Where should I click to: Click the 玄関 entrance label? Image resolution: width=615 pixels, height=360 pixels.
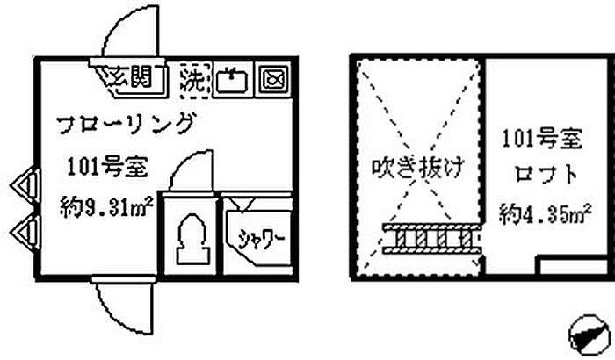tap(134, 78)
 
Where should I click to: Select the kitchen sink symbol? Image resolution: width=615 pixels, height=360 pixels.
tap(233, 80)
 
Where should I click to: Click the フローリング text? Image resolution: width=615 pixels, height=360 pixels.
tap(125, 124)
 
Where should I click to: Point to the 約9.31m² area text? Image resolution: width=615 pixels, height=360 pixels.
tap(107, 209)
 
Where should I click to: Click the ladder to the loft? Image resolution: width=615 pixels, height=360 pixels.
tap(432, 238)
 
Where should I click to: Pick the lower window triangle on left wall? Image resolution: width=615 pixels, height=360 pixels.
tap(24, 233)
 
